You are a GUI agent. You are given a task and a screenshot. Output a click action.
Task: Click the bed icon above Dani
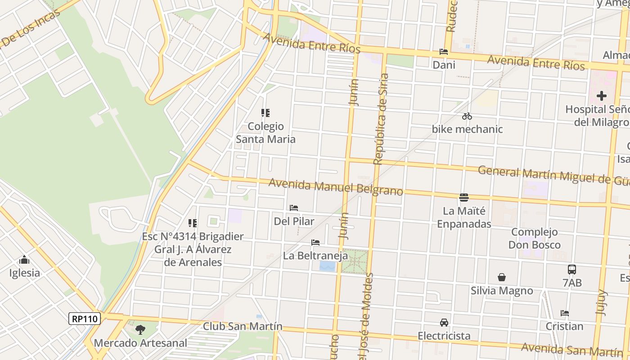tap(444, 52)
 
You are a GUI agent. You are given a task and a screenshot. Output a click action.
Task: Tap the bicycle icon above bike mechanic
tap(467, 116)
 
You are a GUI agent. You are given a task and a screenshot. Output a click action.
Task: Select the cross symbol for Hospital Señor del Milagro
tap(602, 96)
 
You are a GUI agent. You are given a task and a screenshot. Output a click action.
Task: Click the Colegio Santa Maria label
tap(266, 133)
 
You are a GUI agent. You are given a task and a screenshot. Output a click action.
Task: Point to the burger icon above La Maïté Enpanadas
tap(464, 197)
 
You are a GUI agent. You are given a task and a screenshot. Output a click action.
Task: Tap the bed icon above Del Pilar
tap(294, 208)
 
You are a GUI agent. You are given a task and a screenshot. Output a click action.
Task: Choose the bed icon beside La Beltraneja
tap(315, 243)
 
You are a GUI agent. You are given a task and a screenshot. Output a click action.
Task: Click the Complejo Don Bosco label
tap(535, 238)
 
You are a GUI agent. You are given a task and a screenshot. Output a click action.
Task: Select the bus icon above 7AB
tap(572, 270)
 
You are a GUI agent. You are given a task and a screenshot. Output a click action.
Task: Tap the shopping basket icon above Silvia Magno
tap(502, 277)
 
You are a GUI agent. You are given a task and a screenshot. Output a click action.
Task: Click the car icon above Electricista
tap(444, 323)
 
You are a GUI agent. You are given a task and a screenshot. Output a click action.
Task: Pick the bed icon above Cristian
tap(565, 313)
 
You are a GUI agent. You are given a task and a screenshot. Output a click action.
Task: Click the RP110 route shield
tap(85, 319)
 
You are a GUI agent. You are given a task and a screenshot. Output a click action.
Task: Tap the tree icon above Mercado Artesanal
tap(140, 330)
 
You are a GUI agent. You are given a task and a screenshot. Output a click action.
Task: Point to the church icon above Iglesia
tap(24, 260)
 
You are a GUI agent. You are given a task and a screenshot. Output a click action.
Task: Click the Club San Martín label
tap(243, 326)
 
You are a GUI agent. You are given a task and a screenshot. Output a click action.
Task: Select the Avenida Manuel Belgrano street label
tap(336, 187)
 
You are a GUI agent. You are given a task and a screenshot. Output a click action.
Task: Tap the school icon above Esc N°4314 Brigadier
tap(193, 223)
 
